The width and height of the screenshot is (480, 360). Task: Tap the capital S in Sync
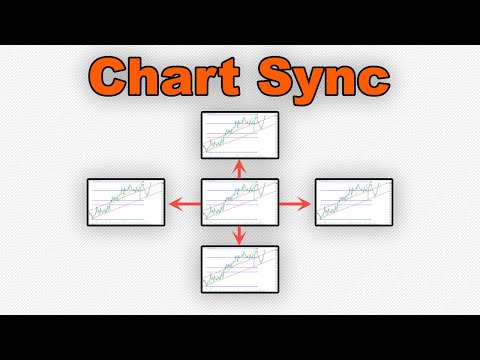pyautogui.click(x=267, y=75)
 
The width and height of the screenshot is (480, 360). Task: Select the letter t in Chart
pyautogui.click(x=221, y=76)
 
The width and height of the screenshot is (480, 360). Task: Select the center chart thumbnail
pyautogui.click(x=238, y=203)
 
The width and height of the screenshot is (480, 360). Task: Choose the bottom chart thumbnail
pyautogui.click(x=238, y=269)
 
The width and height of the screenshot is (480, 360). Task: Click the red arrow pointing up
pyautogui.click(x=238, y=170)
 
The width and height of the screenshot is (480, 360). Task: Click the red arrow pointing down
pyautogui.click(x=238, y=236)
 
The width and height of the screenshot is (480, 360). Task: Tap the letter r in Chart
pyautogui.click(x=199, y=79)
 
